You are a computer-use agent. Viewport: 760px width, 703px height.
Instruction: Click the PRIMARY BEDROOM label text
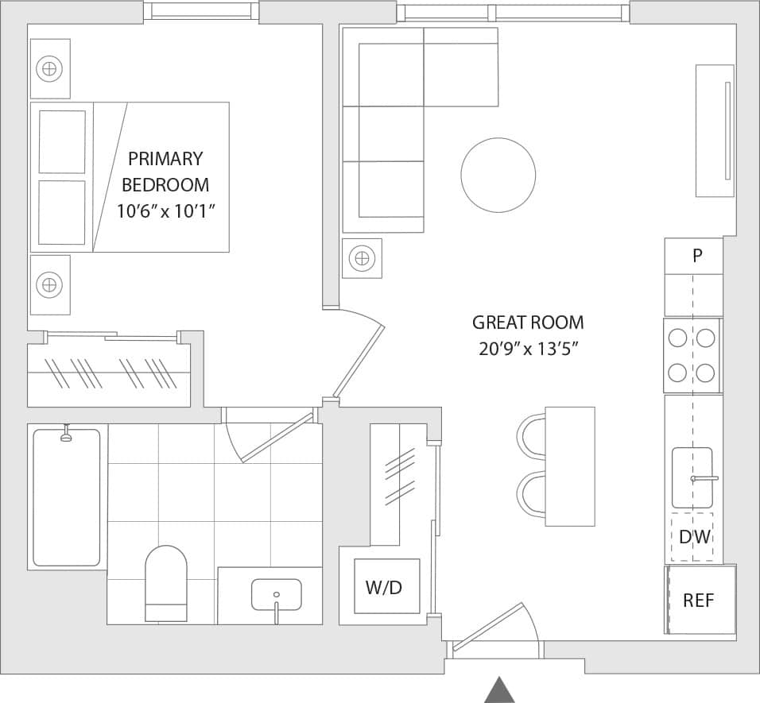click(165, 172)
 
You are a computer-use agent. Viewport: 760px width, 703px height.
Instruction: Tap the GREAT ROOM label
click(527, 323)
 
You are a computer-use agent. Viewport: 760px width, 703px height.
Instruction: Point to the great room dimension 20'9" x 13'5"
click(527, 350)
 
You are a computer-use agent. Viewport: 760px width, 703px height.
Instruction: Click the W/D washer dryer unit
click(386, 587)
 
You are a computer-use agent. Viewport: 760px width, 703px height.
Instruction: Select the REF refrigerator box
click(700, 600)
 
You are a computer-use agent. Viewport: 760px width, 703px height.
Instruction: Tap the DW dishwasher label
click(693, 537)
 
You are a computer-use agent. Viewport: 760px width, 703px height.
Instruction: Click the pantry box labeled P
click(696, 256)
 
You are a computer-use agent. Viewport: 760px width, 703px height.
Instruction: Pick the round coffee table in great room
click(498, 175)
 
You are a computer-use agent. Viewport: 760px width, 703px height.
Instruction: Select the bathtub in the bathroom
click(67, 497)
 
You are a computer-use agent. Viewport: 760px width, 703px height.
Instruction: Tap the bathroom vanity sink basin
click(276, 594)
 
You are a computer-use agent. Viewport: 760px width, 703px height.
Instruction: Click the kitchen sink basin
click(692, 477)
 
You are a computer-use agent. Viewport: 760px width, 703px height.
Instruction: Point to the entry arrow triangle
click(499, 689)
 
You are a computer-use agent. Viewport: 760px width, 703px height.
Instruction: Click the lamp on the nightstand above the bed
click(49, 69)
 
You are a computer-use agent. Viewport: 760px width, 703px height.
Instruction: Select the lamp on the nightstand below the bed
click(49, 284)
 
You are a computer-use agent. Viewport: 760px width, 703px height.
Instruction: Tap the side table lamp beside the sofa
click(362, 258)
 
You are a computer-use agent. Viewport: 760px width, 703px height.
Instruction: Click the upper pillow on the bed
click(62, 141)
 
